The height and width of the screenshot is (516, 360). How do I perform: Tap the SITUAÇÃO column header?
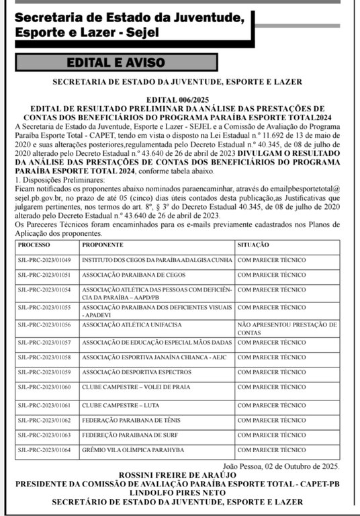[x=254, y=245]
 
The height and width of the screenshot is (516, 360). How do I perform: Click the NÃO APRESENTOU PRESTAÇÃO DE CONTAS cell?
[x=287, y=329]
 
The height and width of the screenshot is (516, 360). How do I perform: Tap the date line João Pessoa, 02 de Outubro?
[x=281, y=466]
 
